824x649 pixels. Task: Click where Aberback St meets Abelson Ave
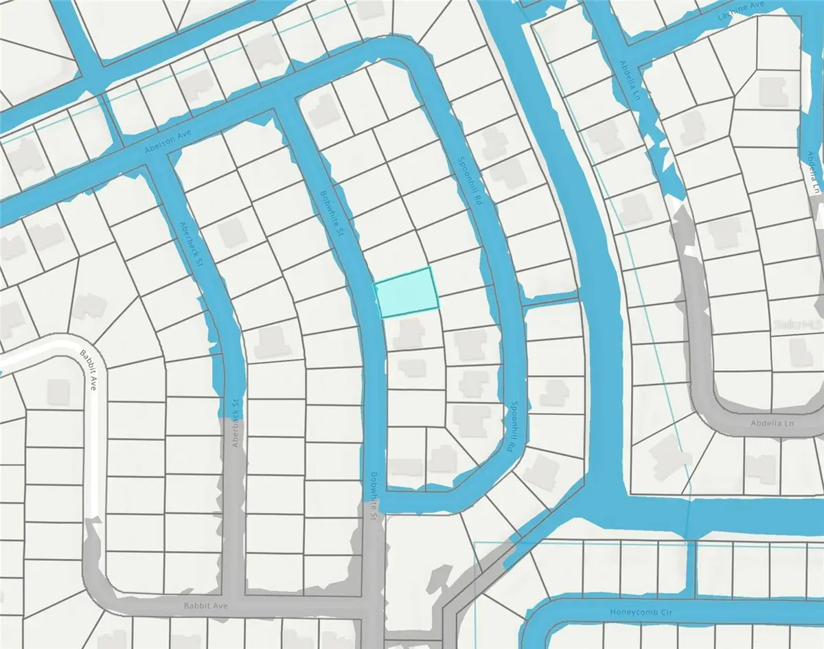coord(159,153)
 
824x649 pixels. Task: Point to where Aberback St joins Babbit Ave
coord(234,606)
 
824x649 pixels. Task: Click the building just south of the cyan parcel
coord(408,332)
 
